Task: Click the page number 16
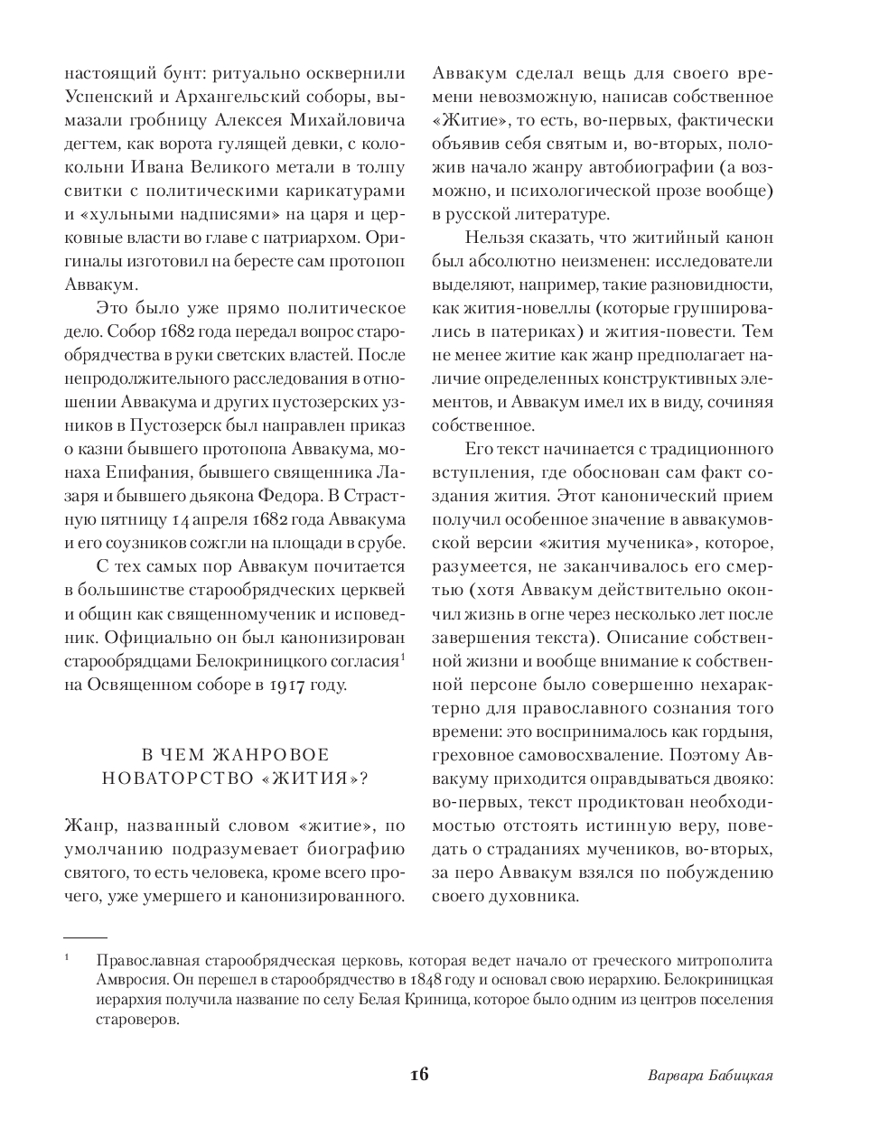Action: click(418, 1074)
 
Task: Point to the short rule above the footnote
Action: click(86, 938)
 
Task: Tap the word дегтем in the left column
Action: click(90, 144)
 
